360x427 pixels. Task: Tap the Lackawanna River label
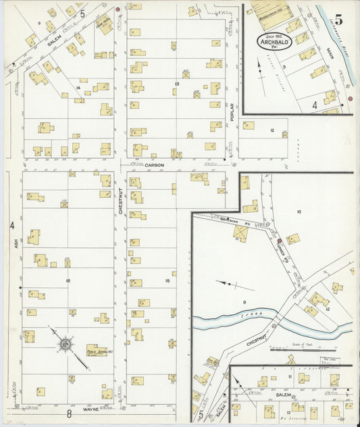click(x=333, y=27)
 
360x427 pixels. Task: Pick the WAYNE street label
click(x=92, y=409)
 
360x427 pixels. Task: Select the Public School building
click(x=96, y=350)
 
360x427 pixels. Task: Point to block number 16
click(x=68, y=280)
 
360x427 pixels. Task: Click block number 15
click(x=167, y=280)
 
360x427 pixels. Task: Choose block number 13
click(x=176, y=84)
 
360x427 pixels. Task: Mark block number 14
click(x=79, y=88)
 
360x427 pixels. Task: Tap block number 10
click(x=298, y=212)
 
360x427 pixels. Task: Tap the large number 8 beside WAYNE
click(x=69, y=412)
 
